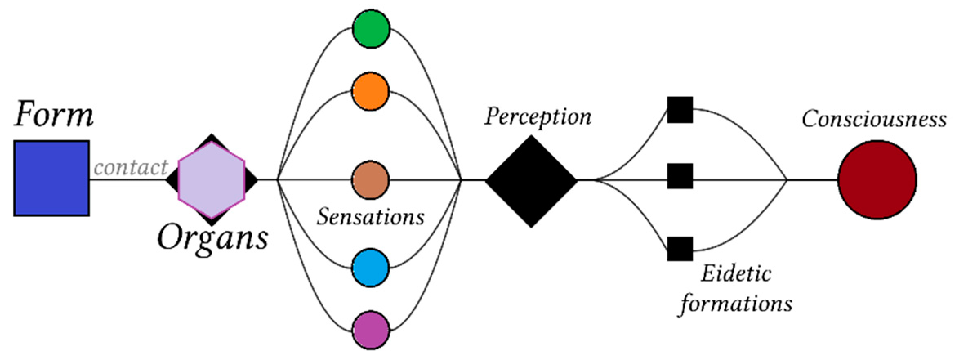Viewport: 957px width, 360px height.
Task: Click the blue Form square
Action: click(51, 178)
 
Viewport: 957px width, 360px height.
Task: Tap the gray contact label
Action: click(131, 167)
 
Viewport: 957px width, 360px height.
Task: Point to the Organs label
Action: click(212, 239)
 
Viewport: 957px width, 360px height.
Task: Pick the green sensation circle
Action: click(371, 29)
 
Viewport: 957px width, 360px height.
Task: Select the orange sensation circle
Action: click(370, 92)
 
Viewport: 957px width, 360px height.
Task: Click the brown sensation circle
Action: click(370, 180)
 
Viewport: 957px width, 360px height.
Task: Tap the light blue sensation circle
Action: click(370, 268)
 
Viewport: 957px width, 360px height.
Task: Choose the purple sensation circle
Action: click(371, 330)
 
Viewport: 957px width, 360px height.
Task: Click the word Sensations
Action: click(370, 217)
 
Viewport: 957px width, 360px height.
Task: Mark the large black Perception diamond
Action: click(531, 181)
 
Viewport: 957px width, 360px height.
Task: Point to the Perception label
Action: click(538, 117)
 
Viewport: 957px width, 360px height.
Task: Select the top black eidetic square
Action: click(680, 110)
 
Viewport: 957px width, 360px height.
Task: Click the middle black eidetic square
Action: click(680, 176)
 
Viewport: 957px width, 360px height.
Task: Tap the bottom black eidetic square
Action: click(680, 248)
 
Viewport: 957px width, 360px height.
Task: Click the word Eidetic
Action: click(736, 273)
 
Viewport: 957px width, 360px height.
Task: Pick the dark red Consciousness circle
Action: click(877, 180)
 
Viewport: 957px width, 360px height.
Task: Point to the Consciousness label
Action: click(874, 120)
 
